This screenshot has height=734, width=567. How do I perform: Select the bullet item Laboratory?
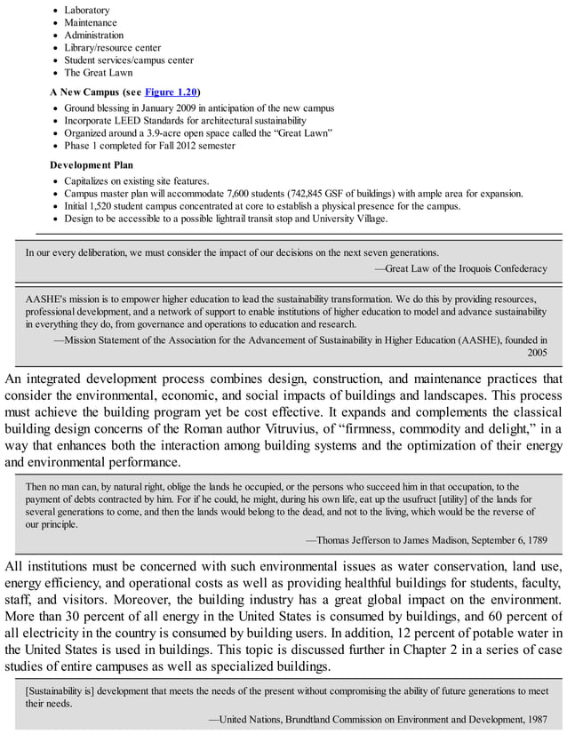(87, 10)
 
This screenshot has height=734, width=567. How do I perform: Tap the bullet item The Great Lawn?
(100, 73)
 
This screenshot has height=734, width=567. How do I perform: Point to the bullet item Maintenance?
(91, 22)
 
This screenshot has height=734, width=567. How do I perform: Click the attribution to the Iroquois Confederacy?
(460, 267)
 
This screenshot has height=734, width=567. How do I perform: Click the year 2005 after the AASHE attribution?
(537, 352)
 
